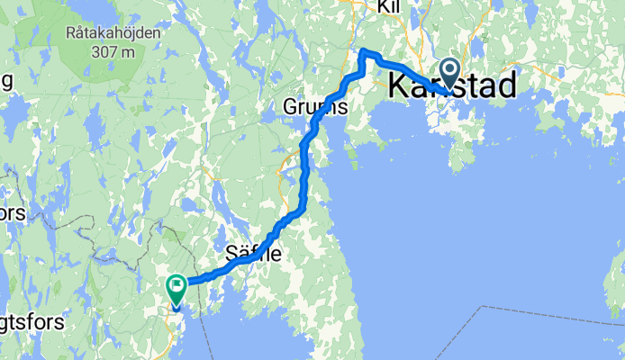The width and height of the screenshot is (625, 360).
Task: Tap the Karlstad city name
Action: [x=452, y=86]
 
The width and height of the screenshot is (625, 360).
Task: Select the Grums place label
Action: [x=315, y=107]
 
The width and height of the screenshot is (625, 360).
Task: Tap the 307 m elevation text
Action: [x=113, y=51]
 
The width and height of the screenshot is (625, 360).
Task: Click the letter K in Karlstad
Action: [x=396, y=86]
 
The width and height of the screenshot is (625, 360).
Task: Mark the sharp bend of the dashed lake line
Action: [x=485, y=306]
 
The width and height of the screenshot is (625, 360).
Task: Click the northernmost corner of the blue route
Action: [x=362, y=50]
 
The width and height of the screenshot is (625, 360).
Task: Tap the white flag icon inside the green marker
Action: [x=176, y=287]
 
